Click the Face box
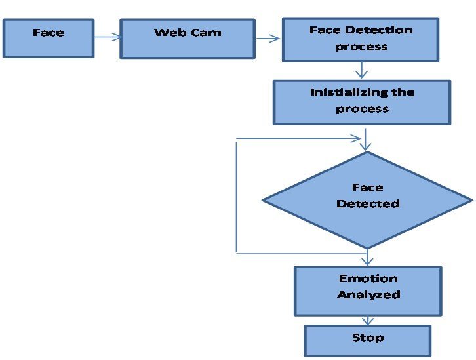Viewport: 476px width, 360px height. (x=49, y=38)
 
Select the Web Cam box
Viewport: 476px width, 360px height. (x=188, y=38)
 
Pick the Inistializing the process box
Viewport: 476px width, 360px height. (x=362, y=102)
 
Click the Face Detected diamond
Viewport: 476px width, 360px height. (x=367, y=199)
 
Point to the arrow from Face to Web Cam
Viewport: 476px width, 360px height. (x=108, y=37)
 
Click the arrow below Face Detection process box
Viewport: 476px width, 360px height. (x=361, y=70)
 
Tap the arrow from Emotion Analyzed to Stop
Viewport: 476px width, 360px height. (x=368, y=321)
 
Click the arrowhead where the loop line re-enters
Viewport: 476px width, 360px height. (x=359, y=138)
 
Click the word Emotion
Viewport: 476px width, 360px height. (x=368, y=279)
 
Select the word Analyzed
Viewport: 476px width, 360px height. (x=368, y=295)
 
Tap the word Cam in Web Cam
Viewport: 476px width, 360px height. (x=207, y=32)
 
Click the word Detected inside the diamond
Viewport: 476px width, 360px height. (x=368, y=204)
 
